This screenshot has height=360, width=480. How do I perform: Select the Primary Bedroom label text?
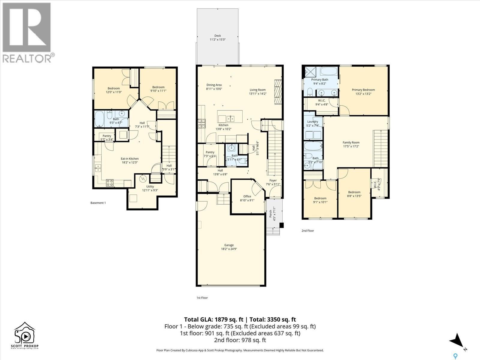tap(363, 90)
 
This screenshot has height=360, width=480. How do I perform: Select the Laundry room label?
tap(313, 121)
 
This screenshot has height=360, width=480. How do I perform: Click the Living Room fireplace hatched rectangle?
tap(279, 92)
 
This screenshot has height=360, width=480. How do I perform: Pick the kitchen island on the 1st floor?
tap(230, 116)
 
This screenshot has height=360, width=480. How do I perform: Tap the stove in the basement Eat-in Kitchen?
tap(110, 183)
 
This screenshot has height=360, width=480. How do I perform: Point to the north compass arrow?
tap(457, 340)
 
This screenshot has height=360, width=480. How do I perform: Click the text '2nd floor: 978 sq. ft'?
tap(240, 340)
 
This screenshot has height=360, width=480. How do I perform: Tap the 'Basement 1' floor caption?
tap(98, 203)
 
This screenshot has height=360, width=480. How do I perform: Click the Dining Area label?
tap(214, 85)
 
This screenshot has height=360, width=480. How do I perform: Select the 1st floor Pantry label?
tap(210, 152)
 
